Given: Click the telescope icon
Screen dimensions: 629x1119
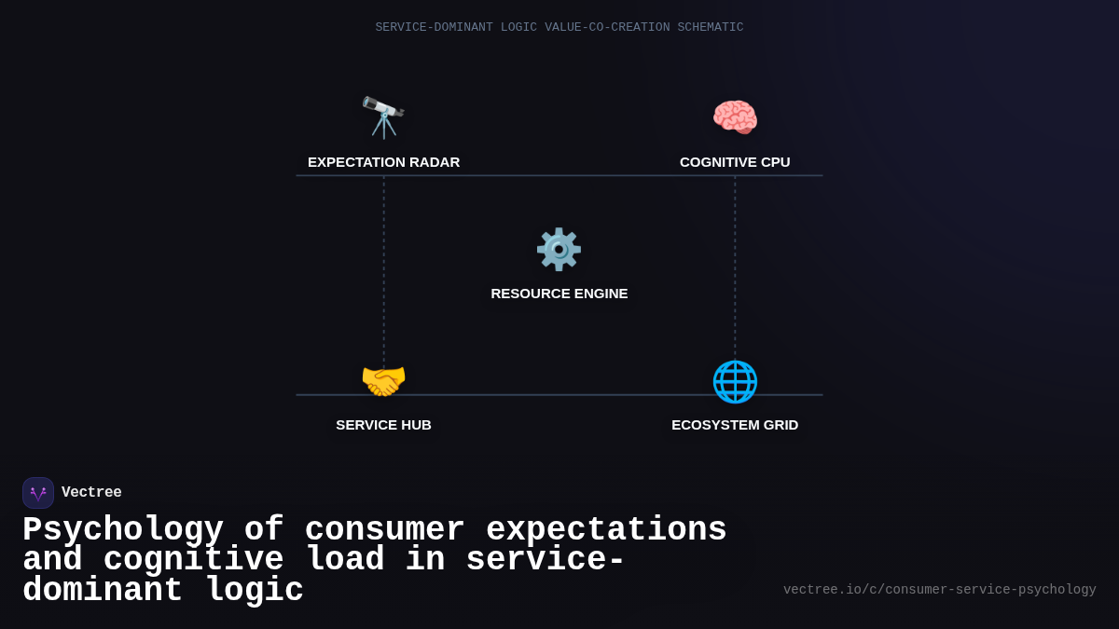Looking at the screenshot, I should pyautogui.click(x=383, y=117).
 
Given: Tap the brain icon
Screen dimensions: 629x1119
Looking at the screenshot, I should pyautogui.click(x=735, y=117).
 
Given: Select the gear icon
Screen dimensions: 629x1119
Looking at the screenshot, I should pyautogui.click(x=559, y=250).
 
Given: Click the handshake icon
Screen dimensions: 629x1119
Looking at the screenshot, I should pyautogui.click(x=383, y=381).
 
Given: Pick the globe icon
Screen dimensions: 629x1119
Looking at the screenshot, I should pyautogui.click(x=735, y=381).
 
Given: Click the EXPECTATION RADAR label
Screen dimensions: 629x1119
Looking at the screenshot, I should pyautogui.click(x=383, y=162).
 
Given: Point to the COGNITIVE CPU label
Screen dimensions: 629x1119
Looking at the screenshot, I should pyautogui.click(x=735, y=162).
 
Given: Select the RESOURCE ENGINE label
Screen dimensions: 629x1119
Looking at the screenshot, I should pyautogui.click(x=559, y=294).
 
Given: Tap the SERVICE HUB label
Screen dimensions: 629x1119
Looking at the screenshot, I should pyautogui.click(x=383, y=425).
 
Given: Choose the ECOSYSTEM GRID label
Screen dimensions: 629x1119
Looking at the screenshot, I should pyautogui.click(x=735, y=425).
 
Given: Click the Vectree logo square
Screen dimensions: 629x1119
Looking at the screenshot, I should pyautogui.click(x=38, y=493).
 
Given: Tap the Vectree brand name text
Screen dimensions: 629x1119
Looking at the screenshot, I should pyautogui.click(x=91, y=493).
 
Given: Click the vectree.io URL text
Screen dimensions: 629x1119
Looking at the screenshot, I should pyautogui.click(x=939, y=590).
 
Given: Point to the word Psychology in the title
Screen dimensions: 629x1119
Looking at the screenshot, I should pyautogui.click(x=122, y=530).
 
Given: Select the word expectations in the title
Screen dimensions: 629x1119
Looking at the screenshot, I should pyautogui.click(x=606, y=530).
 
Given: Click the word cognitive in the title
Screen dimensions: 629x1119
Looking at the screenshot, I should pyautogui.click(x=193, y=560).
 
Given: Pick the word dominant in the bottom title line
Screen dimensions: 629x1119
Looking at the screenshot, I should pyautogui.click(x=103, y=591).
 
